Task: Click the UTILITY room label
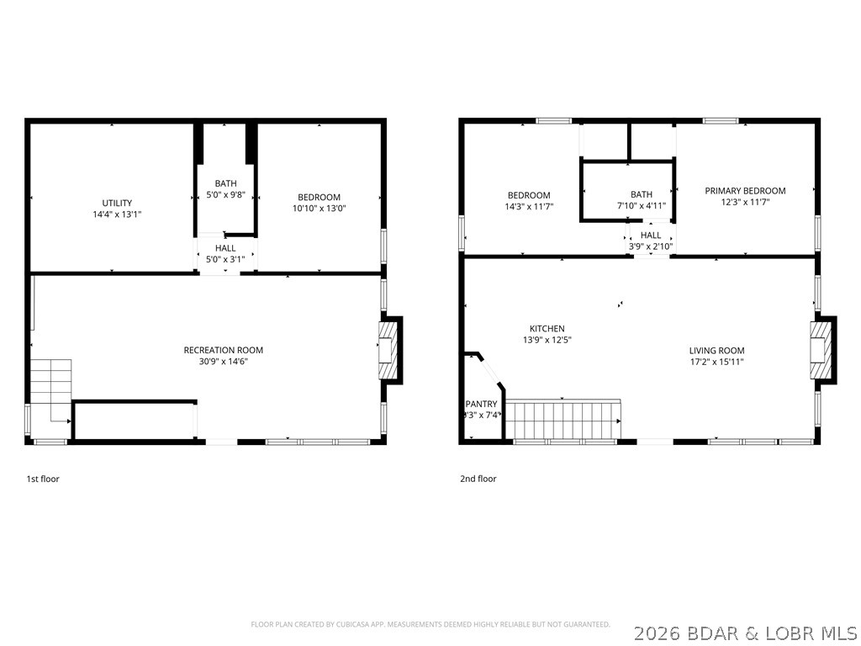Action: pyautogui.click(x=117, y=203)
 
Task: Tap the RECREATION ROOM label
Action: pyautogui.click(x=224, y=350)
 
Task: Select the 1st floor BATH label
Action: pyautogui.click(x=225, y=183)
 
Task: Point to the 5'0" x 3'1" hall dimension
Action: pyautogui.click(x=225, y=259)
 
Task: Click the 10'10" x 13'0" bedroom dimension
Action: pyautogui.click(x=319, y=208)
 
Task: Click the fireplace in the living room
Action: pyautogui.click(x=822, y=348)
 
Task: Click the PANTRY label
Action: pyautogui.click(x=481, y=404)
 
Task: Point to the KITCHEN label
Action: pyautogui.click(x=547, y=329)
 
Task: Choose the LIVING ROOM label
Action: pyautogui.click(x=716, y=351)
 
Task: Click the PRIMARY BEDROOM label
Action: pyautogui.click(x=745, y=191)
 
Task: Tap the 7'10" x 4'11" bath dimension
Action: pyautogui.click(x=642, y=205)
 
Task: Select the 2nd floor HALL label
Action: pyautogui.click(x=651, y=236)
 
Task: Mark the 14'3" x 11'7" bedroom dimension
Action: pyautogui.click(x=529, y=206)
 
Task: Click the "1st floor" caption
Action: pyautogui.click(x=43, y=479)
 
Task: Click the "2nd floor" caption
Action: pyautogui.click(x=478, y=479)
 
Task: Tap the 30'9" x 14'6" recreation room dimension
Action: pyautogui.click(x=224, y=362)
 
